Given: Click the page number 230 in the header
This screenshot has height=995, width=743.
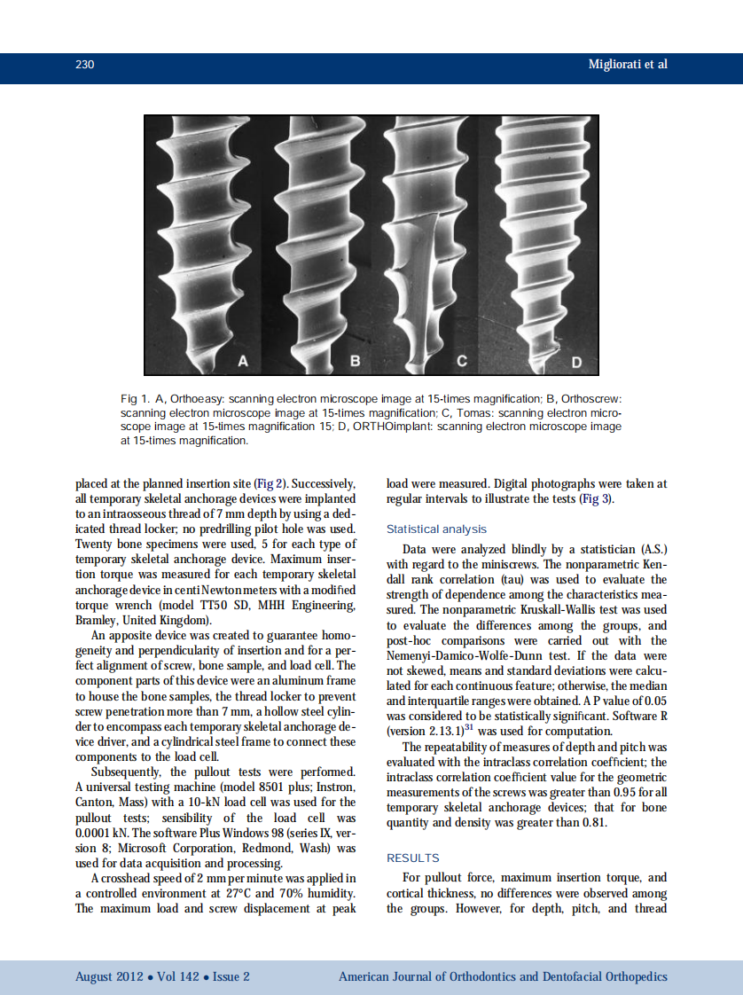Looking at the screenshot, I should click(85, 65).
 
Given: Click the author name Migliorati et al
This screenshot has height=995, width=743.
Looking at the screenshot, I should click(628, 65).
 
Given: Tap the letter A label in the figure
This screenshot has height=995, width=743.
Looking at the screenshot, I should click(243, 360).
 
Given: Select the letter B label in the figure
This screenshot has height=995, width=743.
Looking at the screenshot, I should click(355, 360).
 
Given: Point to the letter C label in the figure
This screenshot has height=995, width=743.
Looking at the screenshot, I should click(462, 360).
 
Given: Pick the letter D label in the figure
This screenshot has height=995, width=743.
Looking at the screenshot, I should click(576, 362).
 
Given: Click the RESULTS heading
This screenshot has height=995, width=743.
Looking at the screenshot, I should click(413, 858).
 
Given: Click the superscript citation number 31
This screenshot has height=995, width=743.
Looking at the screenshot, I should click(461, 727).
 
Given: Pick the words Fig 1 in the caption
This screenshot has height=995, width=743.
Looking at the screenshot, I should click(133, 400).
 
